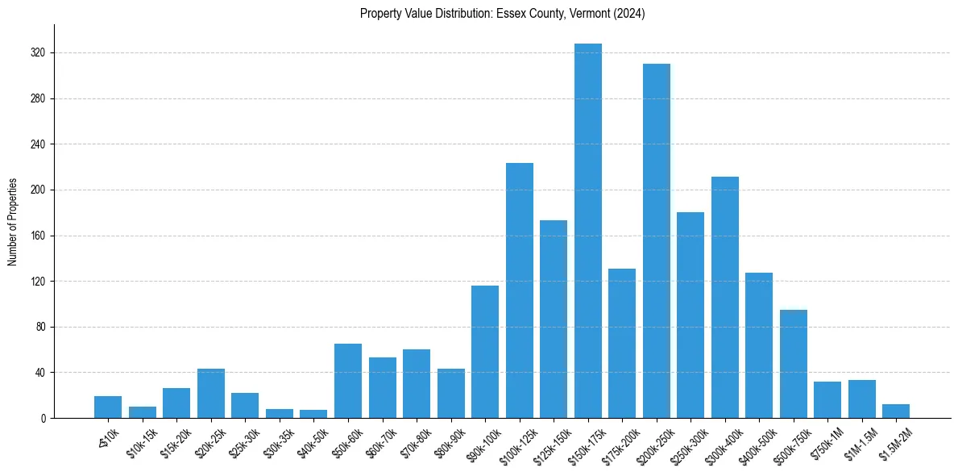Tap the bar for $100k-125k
[x=520, y=290]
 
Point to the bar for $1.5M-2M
[x=896, y=411]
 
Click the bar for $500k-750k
[x=794, y=364]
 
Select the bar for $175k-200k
[x=622, y=343]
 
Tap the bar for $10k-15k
[x=143, y=412]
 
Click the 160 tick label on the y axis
[x=39, y=236]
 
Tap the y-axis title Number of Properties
[x=12, y=222]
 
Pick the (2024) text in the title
[x=628, y=13]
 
